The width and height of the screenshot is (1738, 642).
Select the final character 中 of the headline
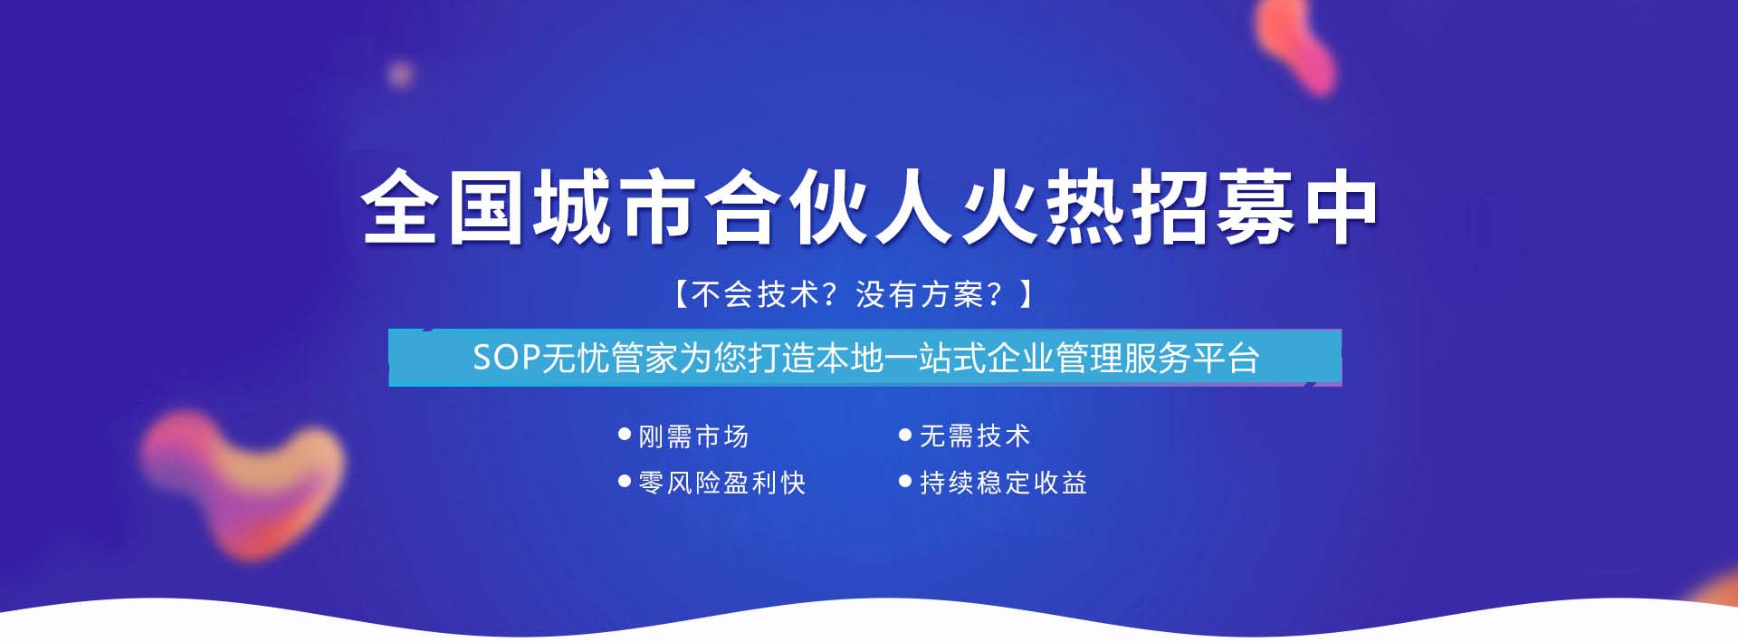1341,206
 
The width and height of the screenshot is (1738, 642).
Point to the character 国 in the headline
486,206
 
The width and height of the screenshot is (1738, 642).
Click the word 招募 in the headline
1213,206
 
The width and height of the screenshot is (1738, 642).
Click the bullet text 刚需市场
693,436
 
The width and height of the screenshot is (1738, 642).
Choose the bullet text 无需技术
975,436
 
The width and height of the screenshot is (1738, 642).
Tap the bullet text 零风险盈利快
721,483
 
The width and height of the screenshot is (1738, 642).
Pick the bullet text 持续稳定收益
1003,483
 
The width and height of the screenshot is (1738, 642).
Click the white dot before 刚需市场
624,435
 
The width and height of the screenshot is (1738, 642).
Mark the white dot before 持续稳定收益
904,481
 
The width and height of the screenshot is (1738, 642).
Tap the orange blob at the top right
1296,43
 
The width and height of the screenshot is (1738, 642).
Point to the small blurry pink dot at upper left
400,73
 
